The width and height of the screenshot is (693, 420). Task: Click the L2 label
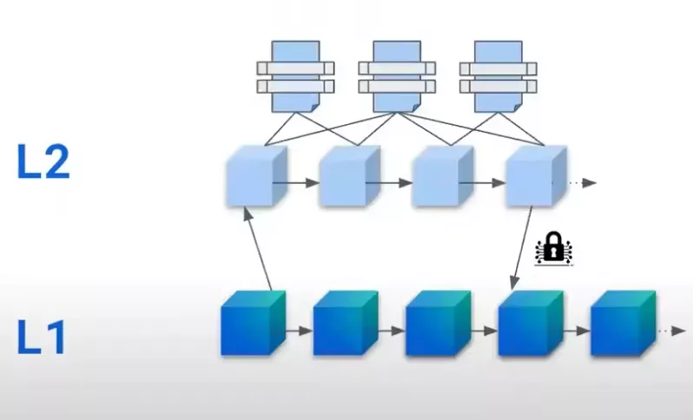coord(43,162)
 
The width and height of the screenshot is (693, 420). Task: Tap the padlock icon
coord(551,248)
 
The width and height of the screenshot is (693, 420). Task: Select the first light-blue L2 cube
coord(251,177)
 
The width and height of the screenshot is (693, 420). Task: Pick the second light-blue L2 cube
coord(346,177)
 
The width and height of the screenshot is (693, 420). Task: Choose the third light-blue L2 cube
coord(439,177)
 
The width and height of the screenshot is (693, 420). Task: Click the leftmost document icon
coord(295,75)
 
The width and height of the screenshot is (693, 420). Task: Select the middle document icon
coord(396,75)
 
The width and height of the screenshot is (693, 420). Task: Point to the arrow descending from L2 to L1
coord(524,248)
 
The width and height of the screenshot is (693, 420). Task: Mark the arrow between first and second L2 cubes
coord(295,183)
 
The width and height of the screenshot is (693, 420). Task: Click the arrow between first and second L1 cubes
coord(297,331)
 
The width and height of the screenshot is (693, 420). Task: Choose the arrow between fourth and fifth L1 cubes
coord(575,331)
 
